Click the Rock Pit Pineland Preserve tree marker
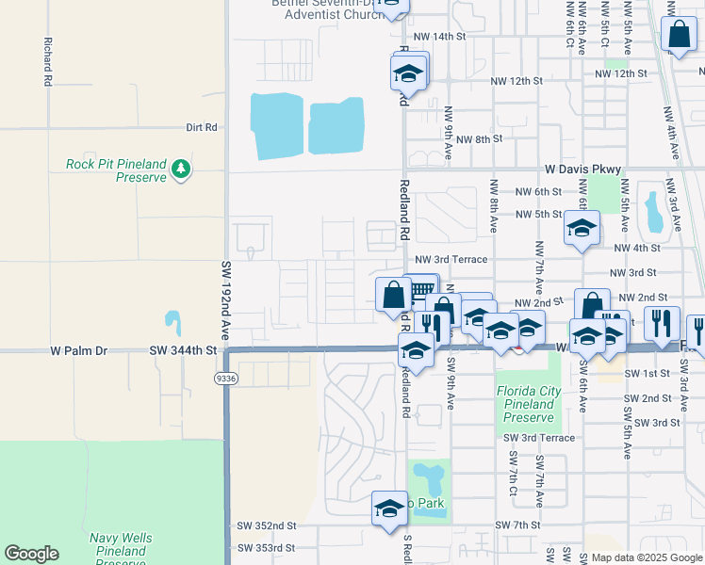pyautogui.click(x=180, y=170)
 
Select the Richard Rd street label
pyautogui.click(x=46, y=62)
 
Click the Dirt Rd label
pyautogui.click(x=202, y=127)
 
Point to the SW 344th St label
pyautogui.click(x=183, y=350)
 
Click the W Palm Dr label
pyautogui.click(x=79, y=350)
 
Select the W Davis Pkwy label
pyautogui.click(x=582, y=169)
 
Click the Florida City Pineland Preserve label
pyautogui.click(x=528, y=403)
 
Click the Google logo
pyautogui.click(x=31, y=554)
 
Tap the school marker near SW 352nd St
pyautogui.click(x=388, y=509)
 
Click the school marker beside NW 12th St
pyautogui.click(x=409, y=73)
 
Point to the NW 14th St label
pyautogui.click(x=440, y=36)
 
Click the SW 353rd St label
pyautogui.click(x=267, y=547)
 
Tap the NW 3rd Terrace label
pyautogui.click(x=451, y=259)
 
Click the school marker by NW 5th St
pyautogui.click(x=582, y=228)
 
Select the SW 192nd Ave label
pyautogui.click(x=226, y=301)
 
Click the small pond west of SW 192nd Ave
pyautogui.click(x=172, y=322)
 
